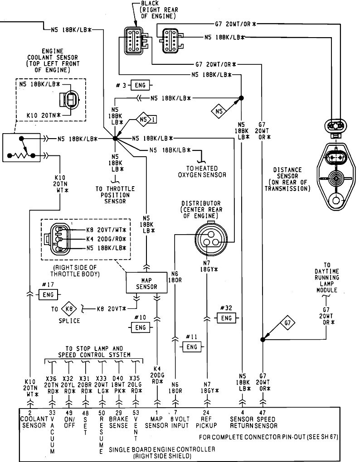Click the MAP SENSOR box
(x=146, y=283)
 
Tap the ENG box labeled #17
(x=48, y=295)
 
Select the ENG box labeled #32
(x=226, y=318)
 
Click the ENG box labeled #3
(x=140, y=86)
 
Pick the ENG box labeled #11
(x=192, y=347)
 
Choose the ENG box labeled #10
(x=141, y=327)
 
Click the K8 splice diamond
(x=69, y=309)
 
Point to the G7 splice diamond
(x=287, y=323)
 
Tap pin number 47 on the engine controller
(x=263, y=413)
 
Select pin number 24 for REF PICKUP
(x=206, y=413)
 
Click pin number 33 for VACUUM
(x=52, y=413)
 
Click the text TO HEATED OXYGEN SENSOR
(x=202, y=172)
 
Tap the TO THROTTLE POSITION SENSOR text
(x=115, y=195)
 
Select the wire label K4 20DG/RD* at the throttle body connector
(x=106, y=239)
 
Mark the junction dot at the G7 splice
(x=263, y=340)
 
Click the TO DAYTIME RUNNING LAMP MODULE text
(x=326, y=278)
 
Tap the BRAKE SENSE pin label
(x=118, y=422)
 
